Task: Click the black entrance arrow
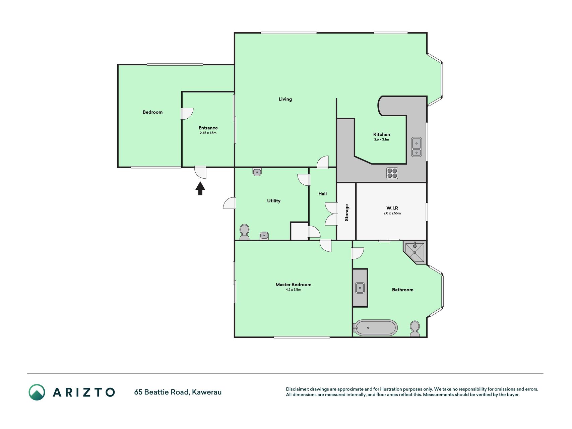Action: tap(200, 188)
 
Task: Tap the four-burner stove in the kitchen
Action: tap(392, 173)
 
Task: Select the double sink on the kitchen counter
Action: tap(417, 147)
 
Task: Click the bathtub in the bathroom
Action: tap(376, 328)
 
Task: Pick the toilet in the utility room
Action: tap(244, 232)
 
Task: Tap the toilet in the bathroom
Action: tap(415, 329)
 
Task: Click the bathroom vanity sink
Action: tap(360, 288)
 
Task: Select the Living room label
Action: tap(285, 99)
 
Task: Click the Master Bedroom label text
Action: tap(294, 285)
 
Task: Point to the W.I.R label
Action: tap(392, 208)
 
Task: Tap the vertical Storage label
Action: tap(347, 212)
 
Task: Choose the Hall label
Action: tap(322, 194)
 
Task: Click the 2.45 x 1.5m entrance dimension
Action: tap(208, 133)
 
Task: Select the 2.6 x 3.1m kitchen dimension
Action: tap(382, 139)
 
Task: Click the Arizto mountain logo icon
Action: tap(37, 392)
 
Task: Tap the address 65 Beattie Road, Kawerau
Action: tap(178, 392)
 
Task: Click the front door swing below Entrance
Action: tap(200, 172)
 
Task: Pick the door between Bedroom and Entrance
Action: tap(187, 114)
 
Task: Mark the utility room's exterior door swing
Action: tap(230, 203)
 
